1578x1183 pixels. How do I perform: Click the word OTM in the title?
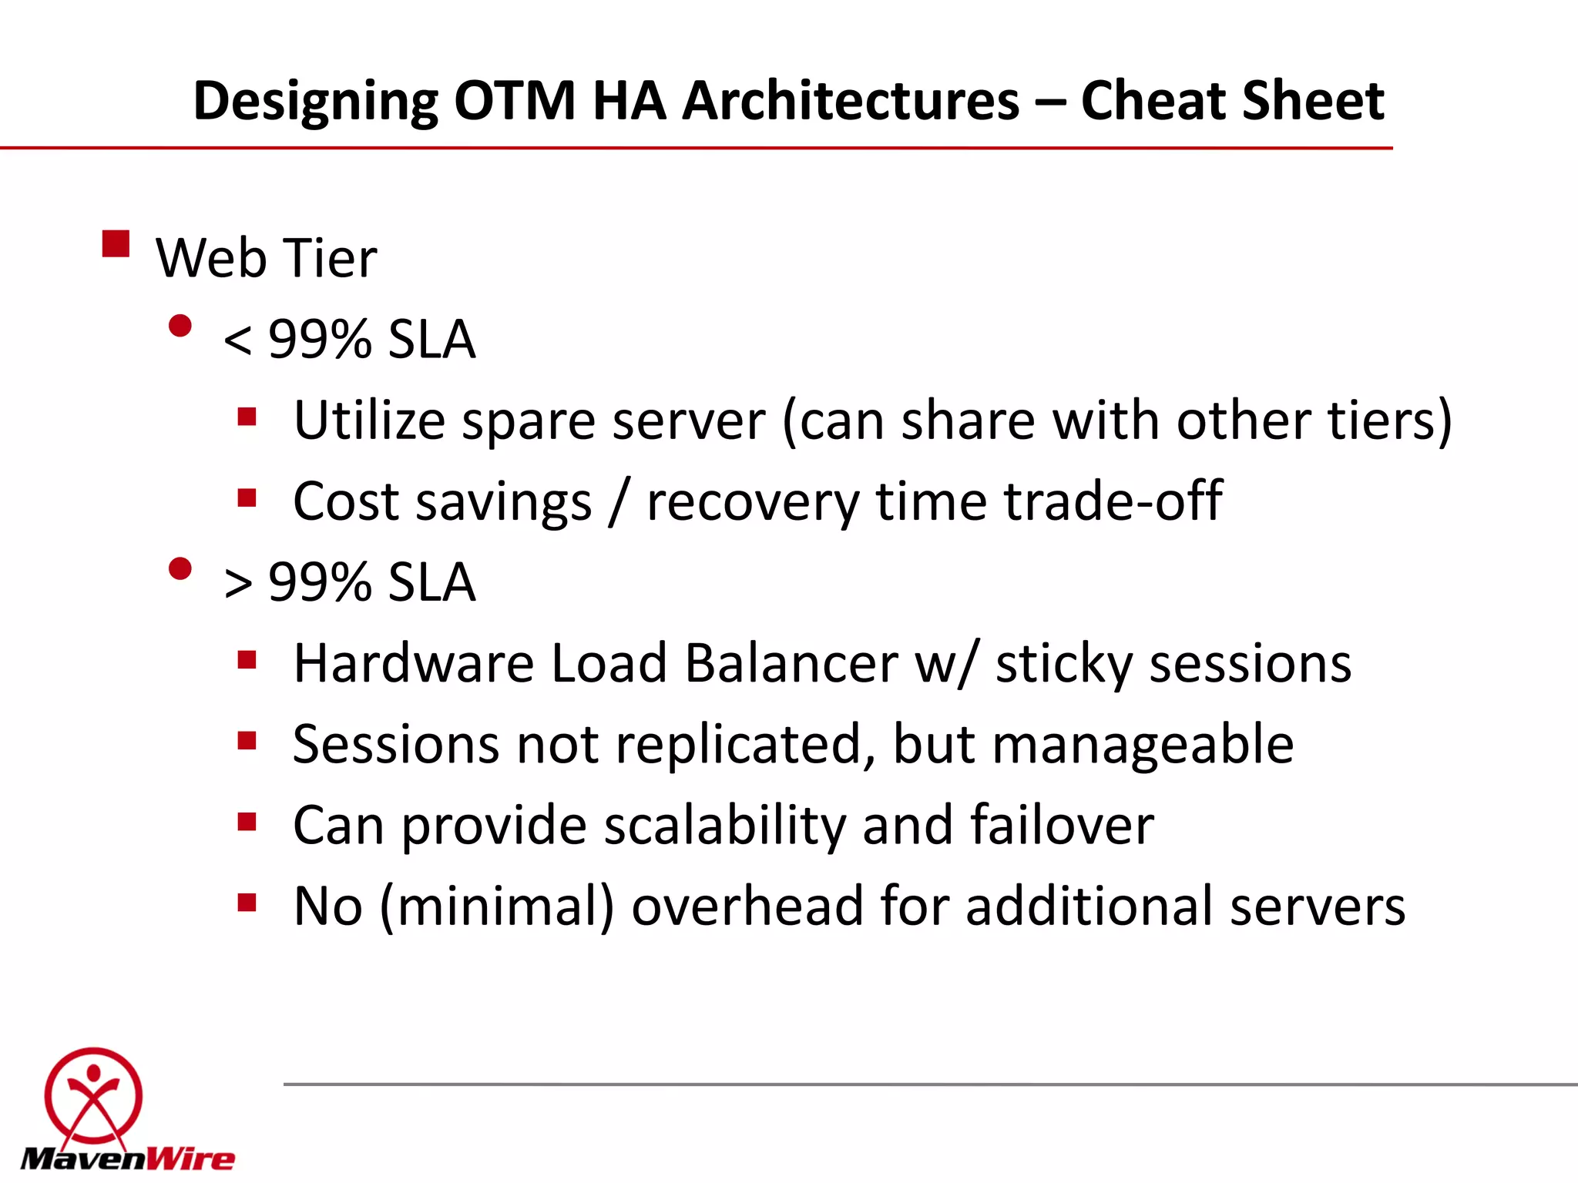click(514, 101)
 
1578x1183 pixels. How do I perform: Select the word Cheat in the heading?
click(1152, 101)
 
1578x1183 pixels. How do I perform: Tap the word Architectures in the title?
click(851, 101)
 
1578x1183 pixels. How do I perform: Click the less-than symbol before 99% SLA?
click(237, 340)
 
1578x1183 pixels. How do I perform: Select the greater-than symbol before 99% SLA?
click(237, 583)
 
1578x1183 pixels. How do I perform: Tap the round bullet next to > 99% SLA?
click(180, 569)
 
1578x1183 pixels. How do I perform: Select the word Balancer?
click(791, 663)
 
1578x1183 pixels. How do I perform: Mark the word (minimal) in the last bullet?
click(497, 907)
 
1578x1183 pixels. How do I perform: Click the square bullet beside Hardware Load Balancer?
click(247, 660)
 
